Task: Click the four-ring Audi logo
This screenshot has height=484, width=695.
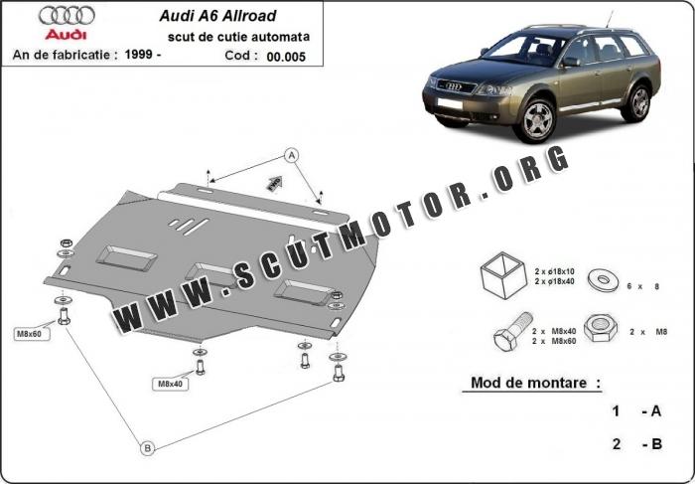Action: point(67,16)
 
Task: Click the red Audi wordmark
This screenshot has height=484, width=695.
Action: point(67,34)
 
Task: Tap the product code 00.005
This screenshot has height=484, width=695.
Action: point(286,57)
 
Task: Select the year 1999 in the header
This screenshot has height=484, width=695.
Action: point(137,55)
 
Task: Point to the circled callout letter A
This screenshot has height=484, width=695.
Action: point(291,156)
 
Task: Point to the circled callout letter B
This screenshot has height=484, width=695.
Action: point(148,448)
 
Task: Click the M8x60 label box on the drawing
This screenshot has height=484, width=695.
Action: point(29,334)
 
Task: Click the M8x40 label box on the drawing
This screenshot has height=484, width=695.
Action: point(171,384)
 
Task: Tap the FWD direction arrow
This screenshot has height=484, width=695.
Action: point(274,182)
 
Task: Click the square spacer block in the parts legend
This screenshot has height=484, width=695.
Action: point(503,275)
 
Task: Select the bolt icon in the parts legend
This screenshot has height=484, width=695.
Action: point(513,331)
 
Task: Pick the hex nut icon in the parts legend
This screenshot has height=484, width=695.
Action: point(601,329)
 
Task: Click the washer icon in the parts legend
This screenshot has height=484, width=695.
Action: point(604,279)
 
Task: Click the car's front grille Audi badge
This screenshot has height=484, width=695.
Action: point(453,86)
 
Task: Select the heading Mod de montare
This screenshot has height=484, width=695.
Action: point(529,383)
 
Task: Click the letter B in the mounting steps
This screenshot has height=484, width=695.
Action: point(656,443)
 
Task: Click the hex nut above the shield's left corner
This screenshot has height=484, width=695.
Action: point(66,243)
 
